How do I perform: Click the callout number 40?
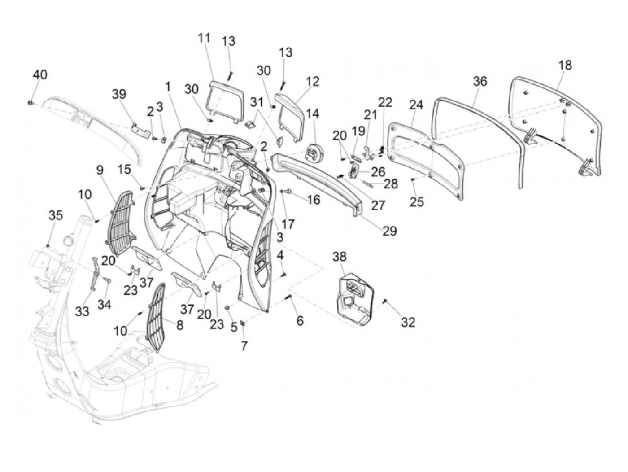tap(40, 75)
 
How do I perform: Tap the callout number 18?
tap(565, 65)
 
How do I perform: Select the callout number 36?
tap(480, 82)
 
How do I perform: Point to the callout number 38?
tap(340, 257)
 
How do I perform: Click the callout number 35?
tap(56, 215)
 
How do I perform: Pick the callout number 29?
tap(389, 231)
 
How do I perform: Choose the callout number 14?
tap(313, 114)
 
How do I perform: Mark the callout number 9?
tap(99, 170)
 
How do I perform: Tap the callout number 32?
tap(408, 322)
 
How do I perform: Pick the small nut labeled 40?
tap(30, 104)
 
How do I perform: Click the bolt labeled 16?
tap(288, 192)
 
